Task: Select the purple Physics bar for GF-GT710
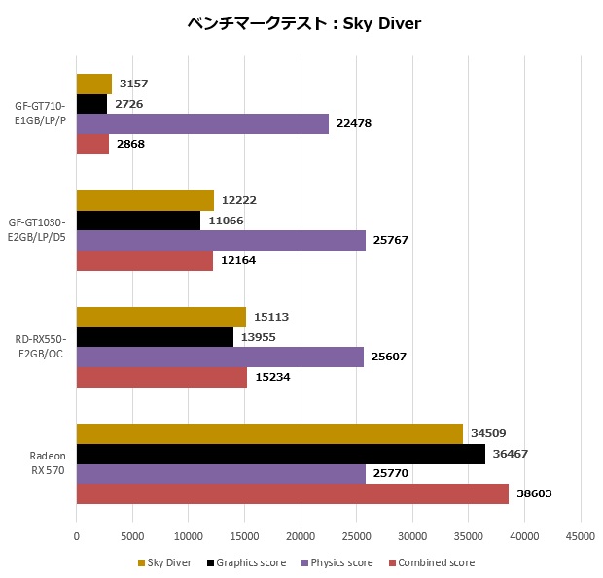tap(202, 123)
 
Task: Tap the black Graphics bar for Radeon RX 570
tap(280, 454)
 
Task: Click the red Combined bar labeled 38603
tap(292, 493)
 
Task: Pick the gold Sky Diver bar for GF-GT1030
tap(145, 200)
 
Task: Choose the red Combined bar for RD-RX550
tap(161, 377)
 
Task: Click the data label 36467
tap(513, 454)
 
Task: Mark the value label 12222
tap(238, 200)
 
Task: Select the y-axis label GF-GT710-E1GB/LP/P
tap(40, 114)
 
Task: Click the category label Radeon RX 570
tap(40, 463)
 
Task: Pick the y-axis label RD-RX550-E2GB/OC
tap(40, 347)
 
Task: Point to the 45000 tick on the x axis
tap(581, 535)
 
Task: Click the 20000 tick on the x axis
tap(301, 535)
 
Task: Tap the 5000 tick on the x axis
tap(132, 535)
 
